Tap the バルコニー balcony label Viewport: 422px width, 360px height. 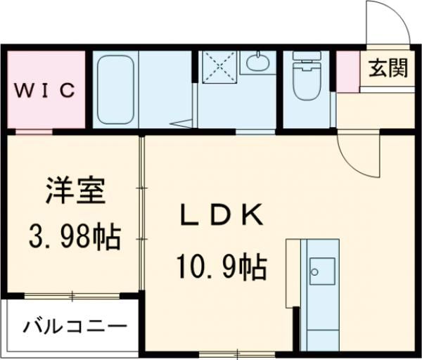pyautogui.click(x=75, y=327)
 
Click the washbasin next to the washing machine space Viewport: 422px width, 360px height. pyautogui.click(x=260, y=62)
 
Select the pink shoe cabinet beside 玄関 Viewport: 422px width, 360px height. pyautogui.click(x=347, y=70)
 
